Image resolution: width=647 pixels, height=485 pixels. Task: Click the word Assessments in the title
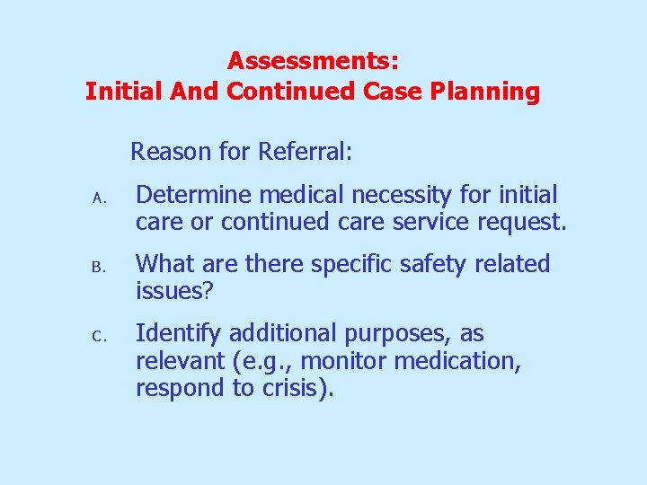click(313, 61)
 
